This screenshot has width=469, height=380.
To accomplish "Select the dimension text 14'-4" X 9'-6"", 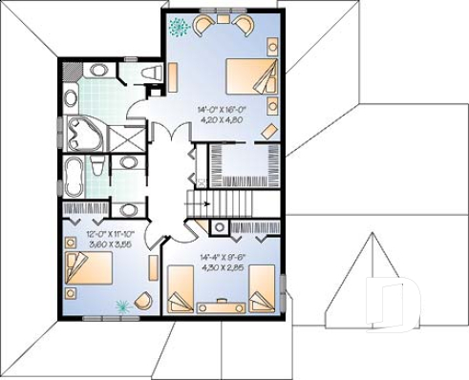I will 223,258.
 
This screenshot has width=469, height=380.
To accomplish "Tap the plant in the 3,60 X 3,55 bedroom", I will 122,306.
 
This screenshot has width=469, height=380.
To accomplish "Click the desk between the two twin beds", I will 223,306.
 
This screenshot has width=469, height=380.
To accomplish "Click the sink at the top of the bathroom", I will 97,72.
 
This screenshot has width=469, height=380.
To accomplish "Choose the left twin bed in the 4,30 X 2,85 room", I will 182,290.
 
